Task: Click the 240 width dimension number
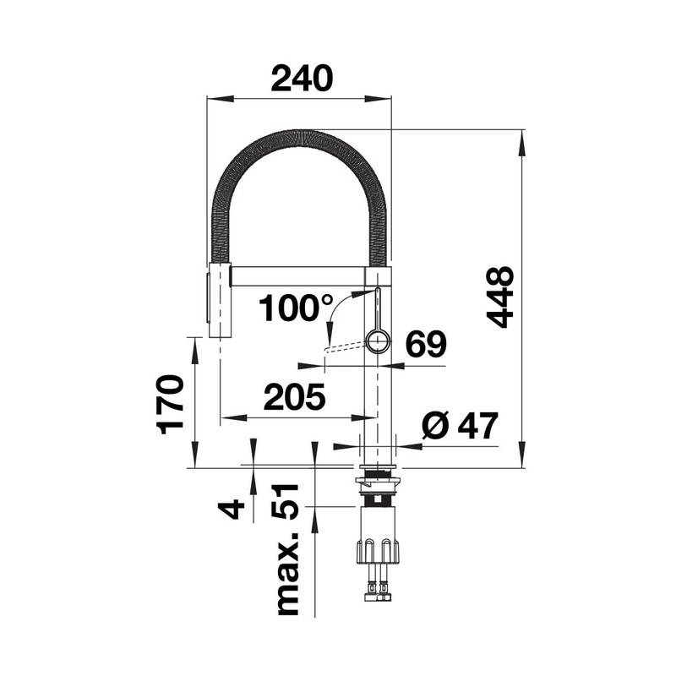pos(302,79)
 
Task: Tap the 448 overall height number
pos(500,297)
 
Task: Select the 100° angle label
pos(297,308)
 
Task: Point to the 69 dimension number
pos(426,344)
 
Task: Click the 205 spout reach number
pos(294,396)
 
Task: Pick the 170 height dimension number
pos(171,405)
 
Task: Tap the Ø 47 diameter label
pos(460,426)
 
